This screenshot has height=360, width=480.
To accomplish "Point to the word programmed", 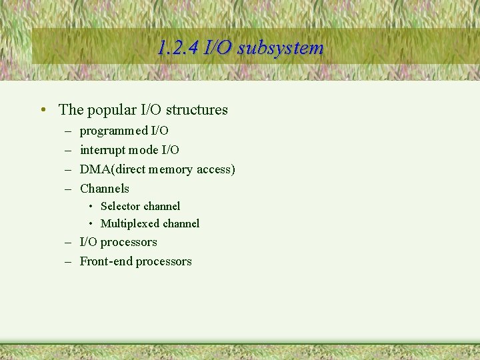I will tap(107, 131).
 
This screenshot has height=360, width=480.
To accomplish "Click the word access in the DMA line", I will tap(214, 169).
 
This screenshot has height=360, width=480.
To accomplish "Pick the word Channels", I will tap(105, 189).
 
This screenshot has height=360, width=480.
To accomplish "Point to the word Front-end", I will tap(106, 261).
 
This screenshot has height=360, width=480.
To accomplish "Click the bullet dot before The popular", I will tap(42, 109).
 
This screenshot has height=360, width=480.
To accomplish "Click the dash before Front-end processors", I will tap(68, 261).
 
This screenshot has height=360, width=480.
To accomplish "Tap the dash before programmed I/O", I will tap(68, 131).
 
